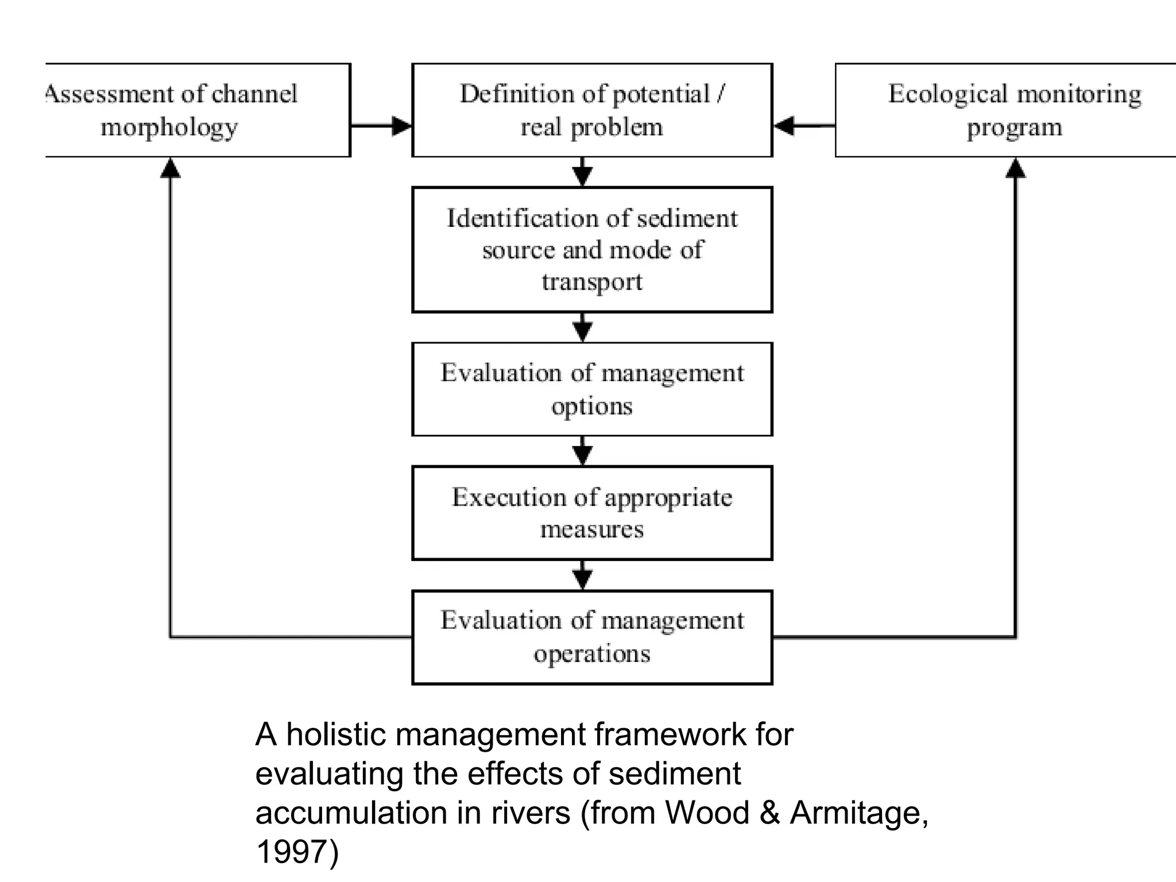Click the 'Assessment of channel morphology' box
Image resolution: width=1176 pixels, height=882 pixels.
coord(198,110)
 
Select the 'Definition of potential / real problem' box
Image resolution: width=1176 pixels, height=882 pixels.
coord(592,110)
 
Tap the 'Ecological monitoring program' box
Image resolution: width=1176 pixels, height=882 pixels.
coord(1005,110)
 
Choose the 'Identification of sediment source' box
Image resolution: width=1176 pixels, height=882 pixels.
coord(592,249)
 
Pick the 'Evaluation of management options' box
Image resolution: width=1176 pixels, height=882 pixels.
coord(592,389)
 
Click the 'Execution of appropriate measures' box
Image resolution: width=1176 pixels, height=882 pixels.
coord(592,513)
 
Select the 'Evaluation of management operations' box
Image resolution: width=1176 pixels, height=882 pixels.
coord(592,637)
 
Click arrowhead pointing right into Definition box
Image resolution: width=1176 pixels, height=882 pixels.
coord(401,126)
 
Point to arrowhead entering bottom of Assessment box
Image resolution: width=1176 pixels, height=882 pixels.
coord(170,168)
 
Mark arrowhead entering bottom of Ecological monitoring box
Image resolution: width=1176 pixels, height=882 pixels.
coord(1015,168)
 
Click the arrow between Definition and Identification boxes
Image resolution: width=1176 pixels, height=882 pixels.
coord(583,172)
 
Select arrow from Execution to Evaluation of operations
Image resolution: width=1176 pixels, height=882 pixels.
coord(583,576)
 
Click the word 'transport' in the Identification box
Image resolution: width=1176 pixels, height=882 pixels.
coord(592,282)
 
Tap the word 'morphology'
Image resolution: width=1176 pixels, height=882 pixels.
coord(169,127)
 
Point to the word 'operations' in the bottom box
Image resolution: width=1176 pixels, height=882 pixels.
coord(592,654)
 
